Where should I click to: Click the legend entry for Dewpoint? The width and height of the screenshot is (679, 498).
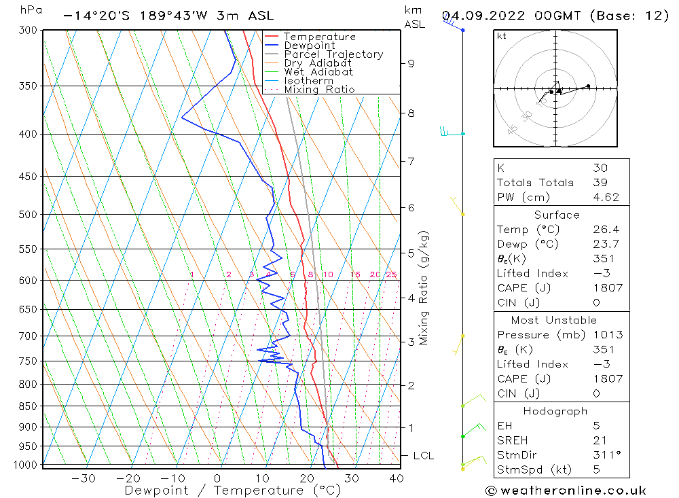[309, 46]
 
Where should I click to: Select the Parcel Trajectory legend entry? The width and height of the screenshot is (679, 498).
[333, 54]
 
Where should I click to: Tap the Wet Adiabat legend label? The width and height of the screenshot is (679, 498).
[318, 72]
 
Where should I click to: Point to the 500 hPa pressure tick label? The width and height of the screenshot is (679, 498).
[28, 215]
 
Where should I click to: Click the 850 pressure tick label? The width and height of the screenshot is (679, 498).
[28, 406]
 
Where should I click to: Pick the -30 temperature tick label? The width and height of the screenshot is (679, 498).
[83, 478]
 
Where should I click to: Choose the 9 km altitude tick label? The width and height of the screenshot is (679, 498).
[411, 63]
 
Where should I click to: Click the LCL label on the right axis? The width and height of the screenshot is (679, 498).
[423, 455]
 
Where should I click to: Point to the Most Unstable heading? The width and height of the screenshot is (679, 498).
[554, 320]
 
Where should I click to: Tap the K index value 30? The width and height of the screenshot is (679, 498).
[600, 168]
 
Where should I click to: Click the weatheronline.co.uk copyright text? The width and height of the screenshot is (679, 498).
[566, 491]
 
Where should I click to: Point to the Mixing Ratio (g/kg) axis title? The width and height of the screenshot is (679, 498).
[424, 287]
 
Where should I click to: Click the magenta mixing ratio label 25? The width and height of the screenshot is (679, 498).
[391, 274]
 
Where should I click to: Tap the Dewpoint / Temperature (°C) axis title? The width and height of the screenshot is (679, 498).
[233, 491]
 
